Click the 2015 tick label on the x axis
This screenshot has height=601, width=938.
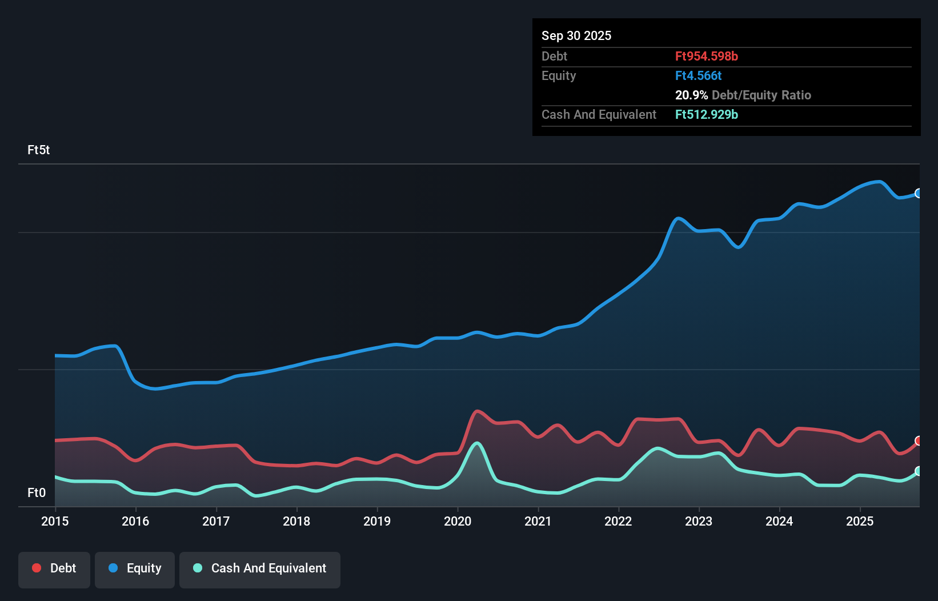point(55,521)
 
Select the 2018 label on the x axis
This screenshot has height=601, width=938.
point(296,521)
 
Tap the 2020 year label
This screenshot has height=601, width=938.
point(458,521)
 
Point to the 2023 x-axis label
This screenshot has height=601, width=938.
point(699,521)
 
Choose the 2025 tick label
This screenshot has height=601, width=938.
point(860,521)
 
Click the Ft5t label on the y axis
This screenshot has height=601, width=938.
point(38,150)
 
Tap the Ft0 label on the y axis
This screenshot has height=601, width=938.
point(37,492)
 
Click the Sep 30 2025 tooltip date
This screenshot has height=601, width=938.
point(576,35)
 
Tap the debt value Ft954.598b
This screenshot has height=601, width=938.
point(706,56)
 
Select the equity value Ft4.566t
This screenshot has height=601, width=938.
point(698,75)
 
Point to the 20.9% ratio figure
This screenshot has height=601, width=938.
point(691,95)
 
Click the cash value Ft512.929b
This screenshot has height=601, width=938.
point(706,114)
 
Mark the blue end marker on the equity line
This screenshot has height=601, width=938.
point(919,193)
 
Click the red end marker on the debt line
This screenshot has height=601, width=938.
point(919,440)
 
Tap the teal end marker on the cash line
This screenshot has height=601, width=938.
point(919,471)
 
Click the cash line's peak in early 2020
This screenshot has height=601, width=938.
point(477,443)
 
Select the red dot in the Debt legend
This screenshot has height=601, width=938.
point(37,568)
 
